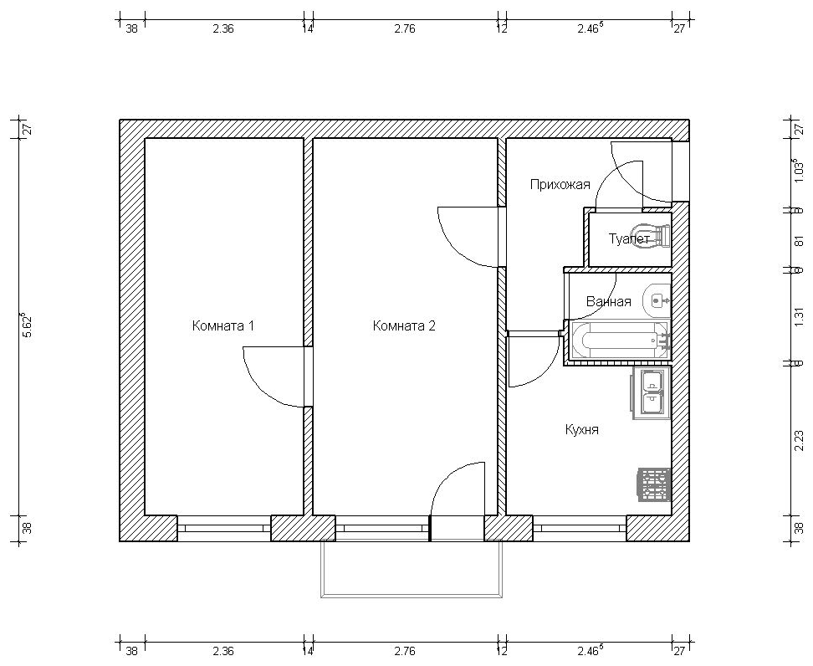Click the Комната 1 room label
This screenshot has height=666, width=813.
[x=223, y=326]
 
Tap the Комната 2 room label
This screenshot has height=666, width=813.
[x=404, y=326]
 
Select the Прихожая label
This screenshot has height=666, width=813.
[x=560, y=185]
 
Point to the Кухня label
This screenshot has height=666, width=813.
[x=582, y=429]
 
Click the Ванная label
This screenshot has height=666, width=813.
[x=609, y=302]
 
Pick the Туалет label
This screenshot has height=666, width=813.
[x=629, y=239]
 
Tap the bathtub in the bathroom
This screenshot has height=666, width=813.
[x=619, y=340]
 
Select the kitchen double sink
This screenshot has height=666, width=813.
[x=651, y=392]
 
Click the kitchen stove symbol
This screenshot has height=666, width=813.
[x=654, y=485]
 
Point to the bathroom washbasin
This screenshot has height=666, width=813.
[x=657, y=300]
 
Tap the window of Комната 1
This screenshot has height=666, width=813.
[x=224, y=528]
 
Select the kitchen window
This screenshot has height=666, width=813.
[x=580, y=528]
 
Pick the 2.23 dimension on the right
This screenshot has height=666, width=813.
[x=800, y=442]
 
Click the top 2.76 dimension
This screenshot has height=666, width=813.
[x=405, y=29]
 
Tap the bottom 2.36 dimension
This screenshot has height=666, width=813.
[x=223, y=651]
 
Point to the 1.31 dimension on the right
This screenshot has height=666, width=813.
[x=800, y=316]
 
